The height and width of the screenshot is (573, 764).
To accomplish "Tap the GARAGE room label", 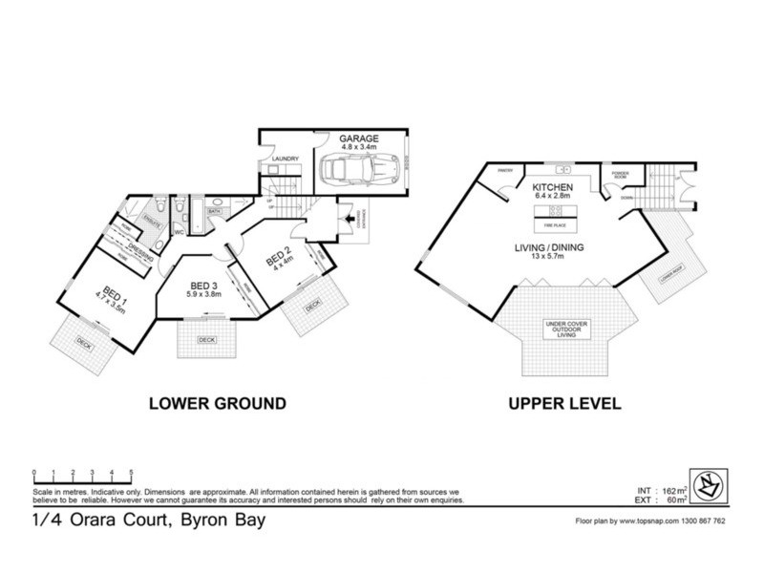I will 358,137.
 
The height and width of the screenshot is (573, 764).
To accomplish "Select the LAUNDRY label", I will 285,159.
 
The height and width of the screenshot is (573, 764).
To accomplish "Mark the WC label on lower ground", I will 179,231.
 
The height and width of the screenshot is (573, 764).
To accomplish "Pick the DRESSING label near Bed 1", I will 140,258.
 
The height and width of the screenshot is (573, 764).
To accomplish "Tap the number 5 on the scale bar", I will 131,472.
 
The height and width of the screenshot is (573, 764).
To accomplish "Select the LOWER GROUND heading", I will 218,403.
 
